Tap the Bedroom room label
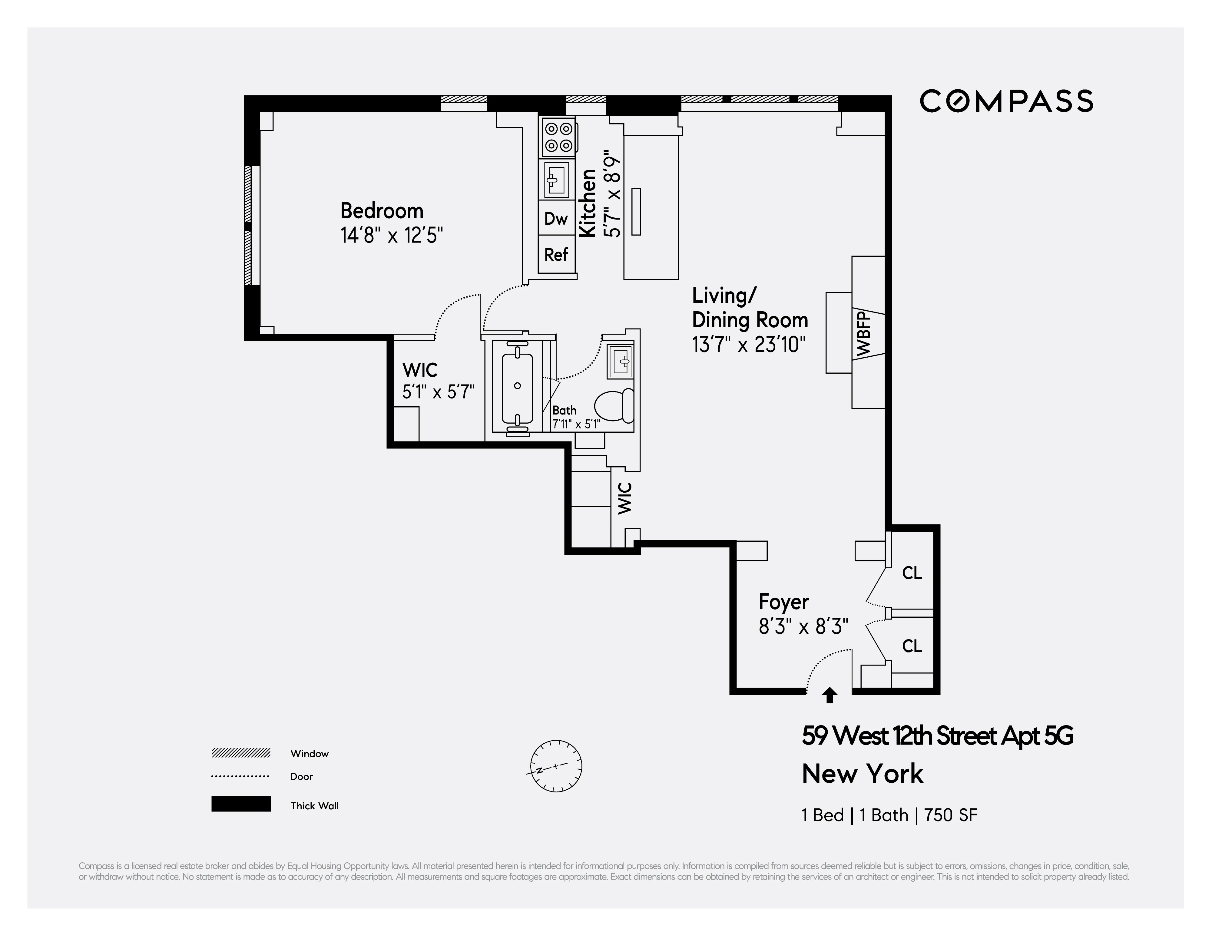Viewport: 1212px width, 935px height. [382, 211]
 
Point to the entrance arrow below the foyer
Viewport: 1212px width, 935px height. [829, 695]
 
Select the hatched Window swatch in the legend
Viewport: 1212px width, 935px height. [241, 753]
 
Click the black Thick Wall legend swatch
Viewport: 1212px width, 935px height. [241, 804]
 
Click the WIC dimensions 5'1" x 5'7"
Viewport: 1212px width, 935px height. [439, 392]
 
